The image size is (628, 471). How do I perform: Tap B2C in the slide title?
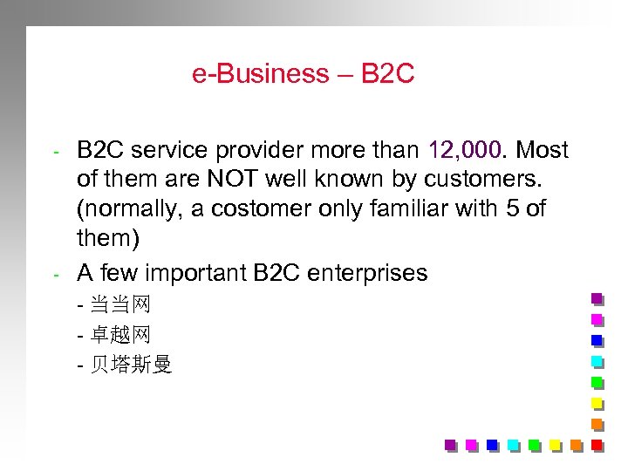(x=386, y=74)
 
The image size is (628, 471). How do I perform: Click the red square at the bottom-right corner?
(x=597, y=445)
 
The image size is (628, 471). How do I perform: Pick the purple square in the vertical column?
(x=597, y=297)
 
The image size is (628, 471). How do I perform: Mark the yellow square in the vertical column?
(x=597, y=403)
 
